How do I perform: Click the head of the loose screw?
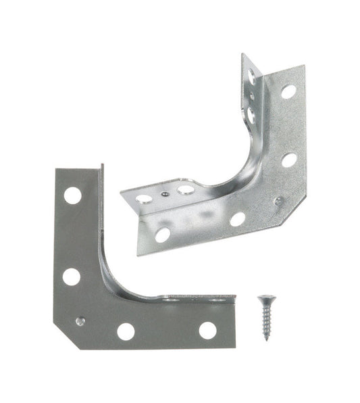coord(261,300)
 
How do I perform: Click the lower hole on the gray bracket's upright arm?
coord(71,276)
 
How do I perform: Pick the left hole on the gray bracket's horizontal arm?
coord(126,331)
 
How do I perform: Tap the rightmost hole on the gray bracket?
coord(207,330)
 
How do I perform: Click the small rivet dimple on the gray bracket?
coord(80,321)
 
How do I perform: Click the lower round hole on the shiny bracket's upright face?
coord(289,160)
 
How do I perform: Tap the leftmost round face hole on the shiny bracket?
coord(162,235)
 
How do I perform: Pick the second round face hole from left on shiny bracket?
coord(237,219)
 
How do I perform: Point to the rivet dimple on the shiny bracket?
coord(278,201)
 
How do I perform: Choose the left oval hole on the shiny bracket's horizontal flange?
coord(144,199)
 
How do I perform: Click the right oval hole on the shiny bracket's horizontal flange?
coord(186,190)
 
